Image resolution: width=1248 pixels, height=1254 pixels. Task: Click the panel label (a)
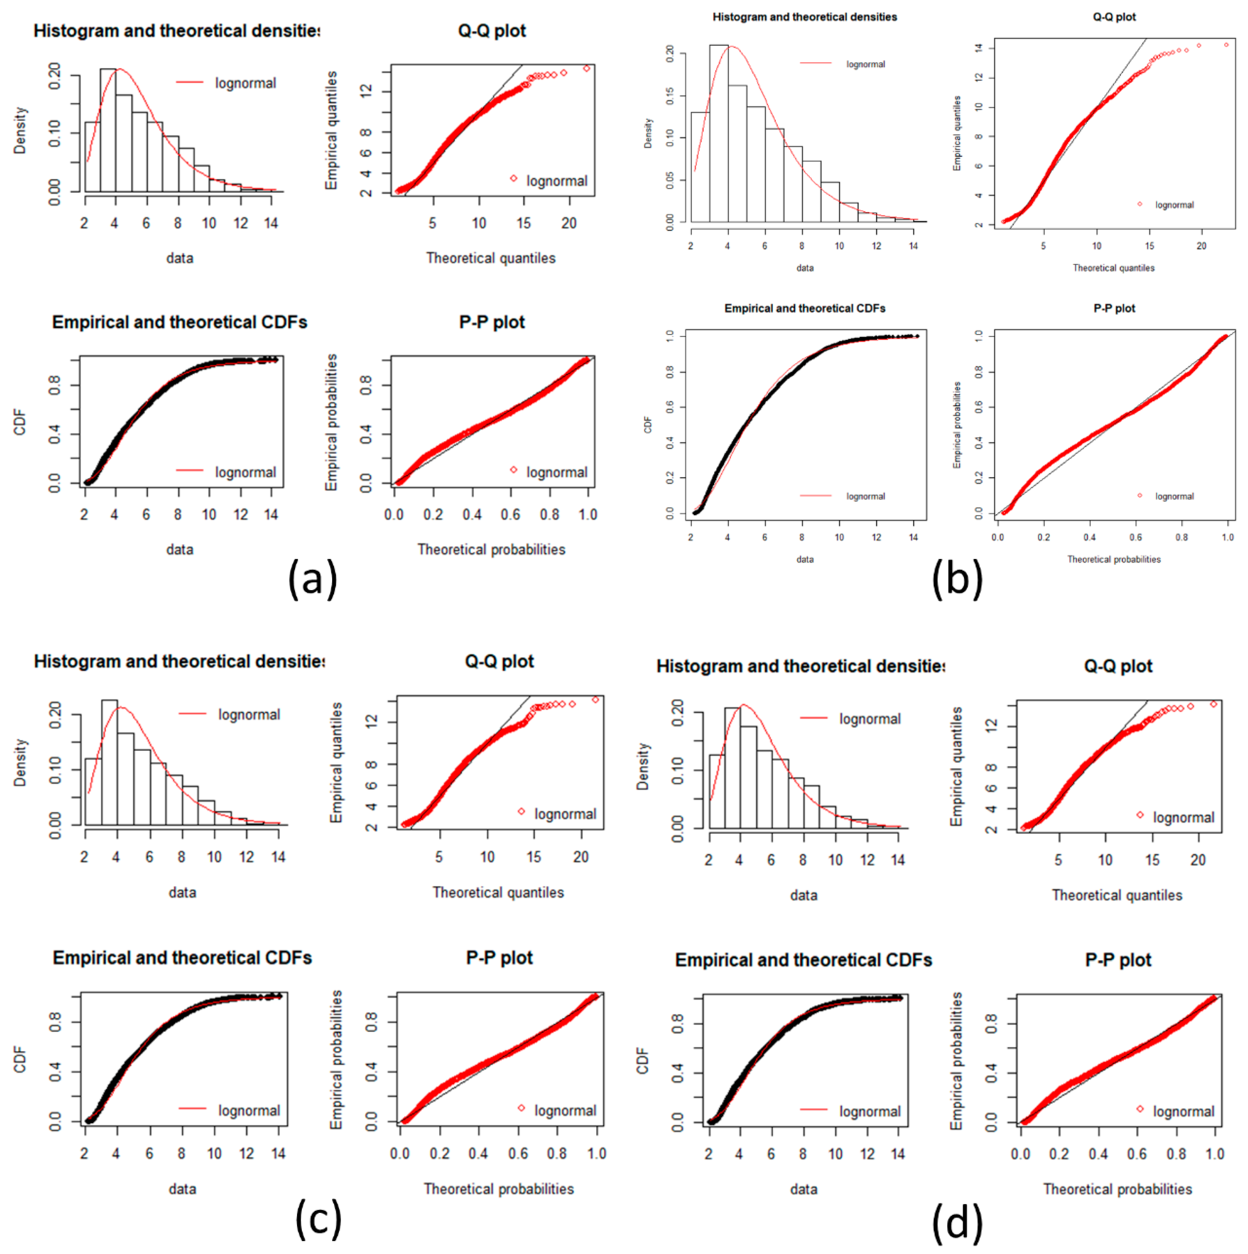click(x=312, y=578)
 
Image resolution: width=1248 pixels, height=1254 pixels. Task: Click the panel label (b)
click(x=957, y=578)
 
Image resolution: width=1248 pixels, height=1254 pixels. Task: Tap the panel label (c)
click(x=318, y=1218)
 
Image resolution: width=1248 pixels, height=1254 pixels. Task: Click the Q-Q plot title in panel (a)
click(x=491, y=31)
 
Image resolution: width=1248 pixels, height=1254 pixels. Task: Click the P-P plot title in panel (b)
click(x=1114, y=308)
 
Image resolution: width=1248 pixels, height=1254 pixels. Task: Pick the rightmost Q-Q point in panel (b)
click(x=1226, y=45)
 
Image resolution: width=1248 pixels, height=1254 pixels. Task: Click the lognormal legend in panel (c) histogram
click(x=249, y=715)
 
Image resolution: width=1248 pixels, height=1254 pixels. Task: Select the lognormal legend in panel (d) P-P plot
click(x=1183, y=1111)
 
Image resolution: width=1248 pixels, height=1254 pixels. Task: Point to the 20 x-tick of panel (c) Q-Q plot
click(x=580, y=857)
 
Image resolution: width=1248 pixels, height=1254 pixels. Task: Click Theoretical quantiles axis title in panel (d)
click(x=1117, y=895)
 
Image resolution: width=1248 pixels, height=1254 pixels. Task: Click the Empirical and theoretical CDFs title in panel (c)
click(x=182, y=958)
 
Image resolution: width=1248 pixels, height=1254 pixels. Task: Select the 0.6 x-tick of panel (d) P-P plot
click(x=1137, y=1154)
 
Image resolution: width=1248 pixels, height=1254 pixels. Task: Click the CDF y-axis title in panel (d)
click(x=643, y=1060)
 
